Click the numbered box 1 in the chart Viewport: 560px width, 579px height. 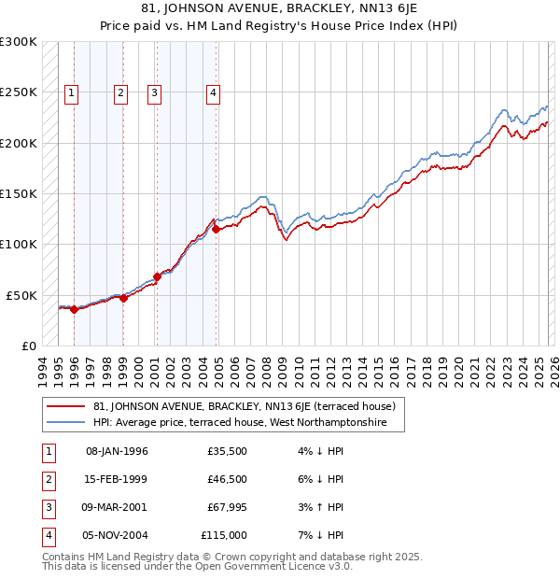point(73,92)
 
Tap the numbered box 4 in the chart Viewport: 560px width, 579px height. point(214,92)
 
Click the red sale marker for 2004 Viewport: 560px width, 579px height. point(216,229)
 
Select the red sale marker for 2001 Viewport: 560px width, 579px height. point(157,276)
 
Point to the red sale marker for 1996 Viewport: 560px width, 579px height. point(74,310)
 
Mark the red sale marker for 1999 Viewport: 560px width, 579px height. point(123,299)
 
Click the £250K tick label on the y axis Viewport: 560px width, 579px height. point(19,92)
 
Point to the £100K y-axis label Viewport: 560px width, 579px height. point(19,245)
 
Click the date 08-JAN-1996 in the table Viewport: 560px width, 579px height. point(117,451)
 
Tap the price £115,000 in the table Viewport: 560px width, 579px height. point(224,535)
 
